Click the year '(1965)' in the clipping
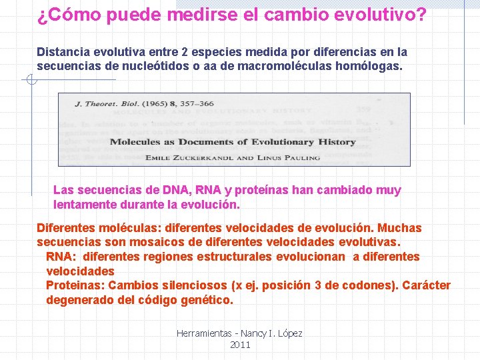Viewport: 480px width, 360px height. (x=153, y=104)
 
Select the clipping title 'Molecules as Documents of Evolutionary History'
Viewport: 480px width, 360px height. (x=233, y=141)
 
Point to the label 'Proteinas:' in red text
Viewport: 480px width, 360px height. (x=75, y=285)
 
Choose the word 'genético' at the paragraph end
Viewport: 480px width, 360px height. (x=207, y=300)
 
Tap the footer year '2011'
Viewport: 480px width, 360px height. (x=240, y=345)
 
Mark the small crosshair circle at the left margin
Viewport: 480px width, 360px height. (x=30, y=81)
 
